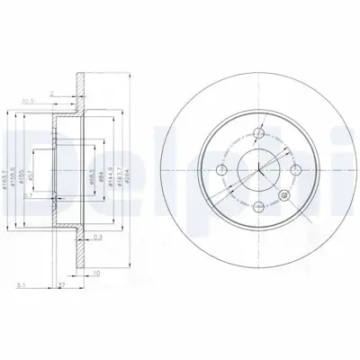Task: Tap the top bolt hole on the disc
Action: coord(257,134)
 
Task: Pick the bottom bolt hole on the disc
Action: coord(257,204)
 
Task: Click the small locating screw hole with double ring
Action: coord(285,194)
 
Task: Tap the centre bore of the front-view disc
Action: coord(257,169)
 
